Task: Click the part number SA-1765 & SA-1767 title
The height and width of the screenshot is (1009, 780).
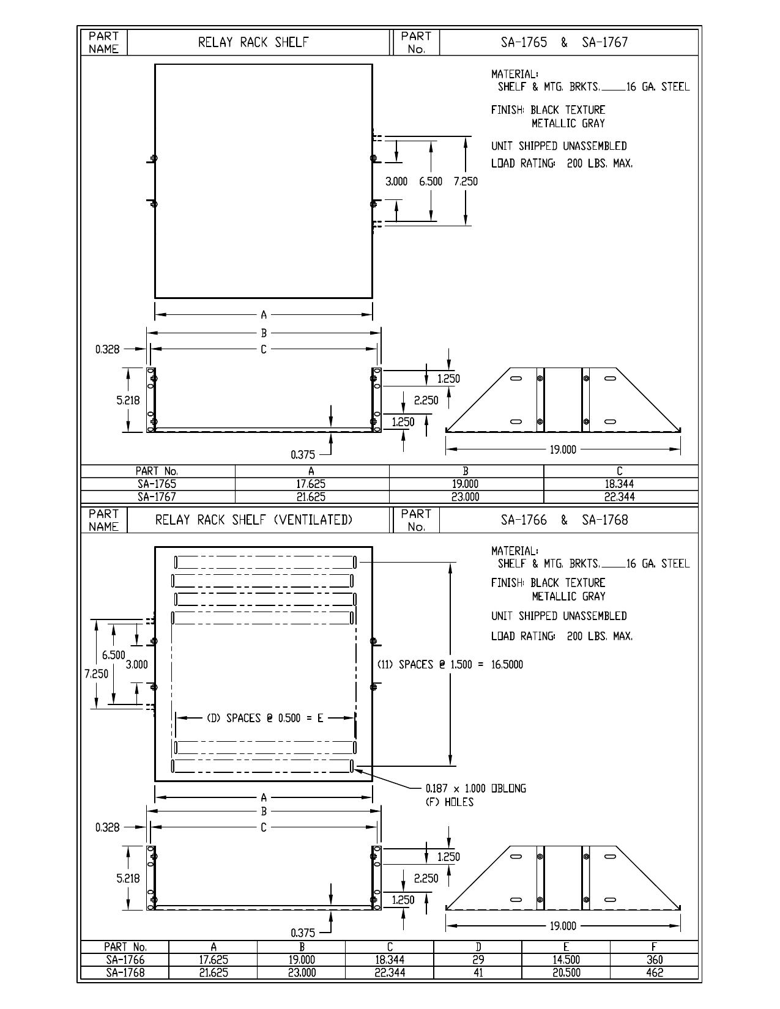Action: tap(564, 42)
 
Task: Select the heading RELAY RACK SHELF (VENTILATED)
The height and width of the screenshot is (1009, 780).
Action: tap(254, 520)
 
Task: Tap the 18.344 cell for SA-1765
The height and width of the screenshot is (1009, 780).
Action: tap(618, 484)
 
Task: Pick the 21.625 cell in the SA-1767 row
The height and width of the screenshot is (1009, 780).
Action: tap(311, 497)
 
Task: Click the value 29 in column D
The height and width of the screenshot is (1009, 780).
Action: tap(478, 960)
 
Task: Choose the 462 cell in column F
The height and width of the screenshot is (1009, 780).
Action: tap(654, 973)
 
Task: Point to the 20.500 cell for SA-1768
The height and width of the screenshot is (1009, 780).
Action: tap(566, 973)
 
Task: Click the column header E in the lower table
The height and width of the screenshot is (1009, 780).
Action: tap(566, 947)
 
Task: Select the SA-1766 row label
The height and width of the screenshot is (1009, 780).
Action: tap(125, 960)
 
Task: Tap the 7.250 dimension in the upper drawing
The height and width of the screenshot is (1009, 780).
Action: tap(466, 181)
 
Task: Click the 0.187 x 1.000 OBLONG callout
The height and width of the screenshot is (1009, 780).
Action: tap(476, 788)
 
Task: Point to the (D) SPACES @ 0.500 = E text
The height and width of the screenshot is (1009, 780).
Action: tap(264, 719)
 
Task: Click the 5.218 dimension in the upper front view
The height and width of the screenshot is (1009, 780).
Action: tap(128, 401)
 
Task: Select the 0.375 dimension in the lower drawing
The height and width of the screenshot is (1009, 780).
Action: tap(302, 933)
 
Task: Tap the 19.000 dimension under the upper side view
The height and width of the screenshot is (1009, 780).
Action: tap(563, 449)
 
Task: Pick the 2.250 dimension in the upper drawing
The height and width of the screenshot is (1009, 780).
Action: tap(426, 401)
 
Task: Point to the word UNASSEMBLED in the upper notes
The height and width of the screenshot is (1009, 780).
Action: tap(595, 146)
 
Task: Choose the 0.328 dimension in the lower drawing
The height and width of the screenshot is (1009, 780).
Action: tap(107, 827)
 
